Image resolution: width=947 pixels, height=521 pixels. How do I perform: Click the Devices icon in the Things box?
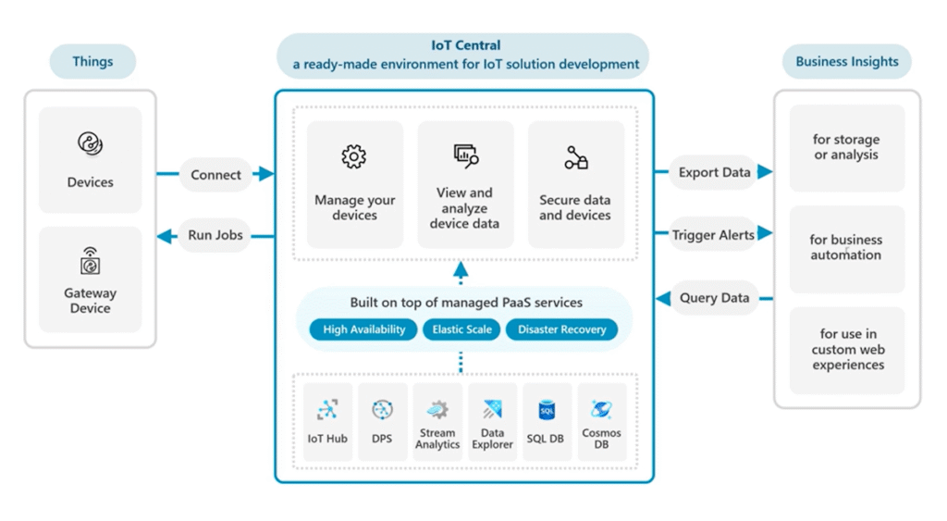click(90, 144)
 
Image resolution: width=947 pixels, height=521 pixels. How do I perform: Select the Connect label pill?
click(215, 175)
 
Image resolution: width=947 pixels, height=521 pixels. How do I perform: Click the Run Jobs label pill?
click(215, 235)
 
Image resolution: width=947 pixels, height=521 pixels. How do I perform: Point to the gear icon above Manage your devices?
click(354, 157)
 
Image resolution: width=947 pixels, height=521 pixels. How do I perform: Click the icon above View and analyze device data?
click(465, 156)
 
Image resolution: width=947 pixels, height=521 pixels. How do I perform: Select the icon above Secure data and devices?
click(576, 158)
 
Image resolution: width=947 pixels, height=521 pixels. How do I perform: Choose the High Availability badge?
click(363, 329)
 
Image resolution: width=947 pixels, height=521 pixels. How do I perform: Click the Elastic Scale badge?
click(461, 329)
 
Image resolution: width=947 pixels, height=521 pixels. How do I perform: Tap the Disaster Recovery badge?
click(561, 329)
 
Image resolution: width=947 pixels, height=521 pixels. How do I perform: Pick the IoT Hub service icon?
click(327, 410)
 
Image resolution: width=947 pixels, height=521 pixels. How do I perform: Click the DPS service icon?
click(382, 410)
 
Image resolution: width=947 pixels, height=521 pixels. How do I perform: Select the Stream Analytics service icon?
click(437, 409)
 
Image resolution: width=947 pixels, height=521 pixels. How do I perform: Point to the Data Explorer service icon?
click(492, 409)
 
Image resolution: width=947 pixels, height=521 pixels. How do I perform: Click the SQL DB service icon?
click(546, 410)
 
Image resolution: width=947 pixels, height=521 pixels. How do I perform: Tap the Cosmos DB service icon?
click(601, 409)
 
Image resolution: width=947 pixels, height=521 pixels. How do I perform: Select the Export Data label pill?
click(714, 172)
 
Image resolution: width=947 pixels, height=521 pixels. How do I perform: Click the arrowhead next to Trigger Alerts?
click(765, 234)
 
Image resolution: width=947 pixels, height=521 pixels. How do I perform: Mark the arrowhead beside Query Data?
click(663, 298)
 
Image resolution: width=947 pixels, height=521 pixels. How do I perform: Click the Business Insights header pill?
click(846, 62)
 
